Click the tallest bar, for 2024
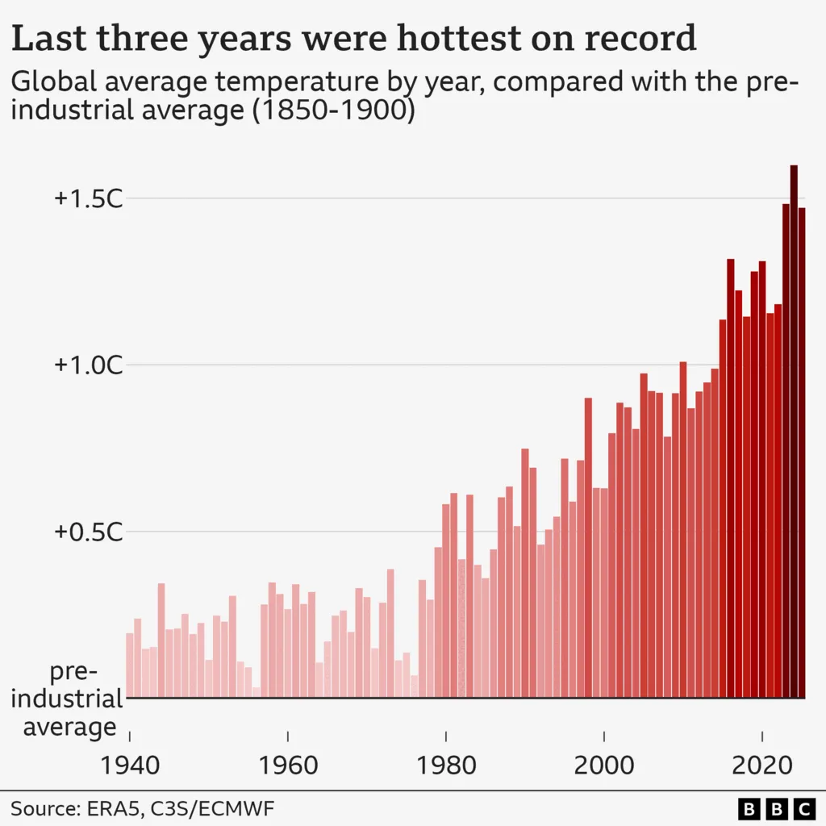[794, 432]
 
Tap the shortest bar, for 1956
[256, 692]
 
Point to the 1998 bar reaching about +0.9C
[588, 548]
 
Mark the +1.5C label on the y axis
[88, 198]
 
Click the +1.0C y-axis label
[88, 365]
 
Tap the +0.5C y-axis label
[88, 532]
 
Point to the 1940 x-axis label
[130, 765]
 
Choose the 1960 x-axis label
[288, 765]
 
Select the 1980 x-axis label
[446, 765]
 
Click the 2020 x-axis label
[762, 765]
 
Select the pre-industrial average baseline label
[70, 699]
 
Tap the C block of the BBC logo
[803, 807]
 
